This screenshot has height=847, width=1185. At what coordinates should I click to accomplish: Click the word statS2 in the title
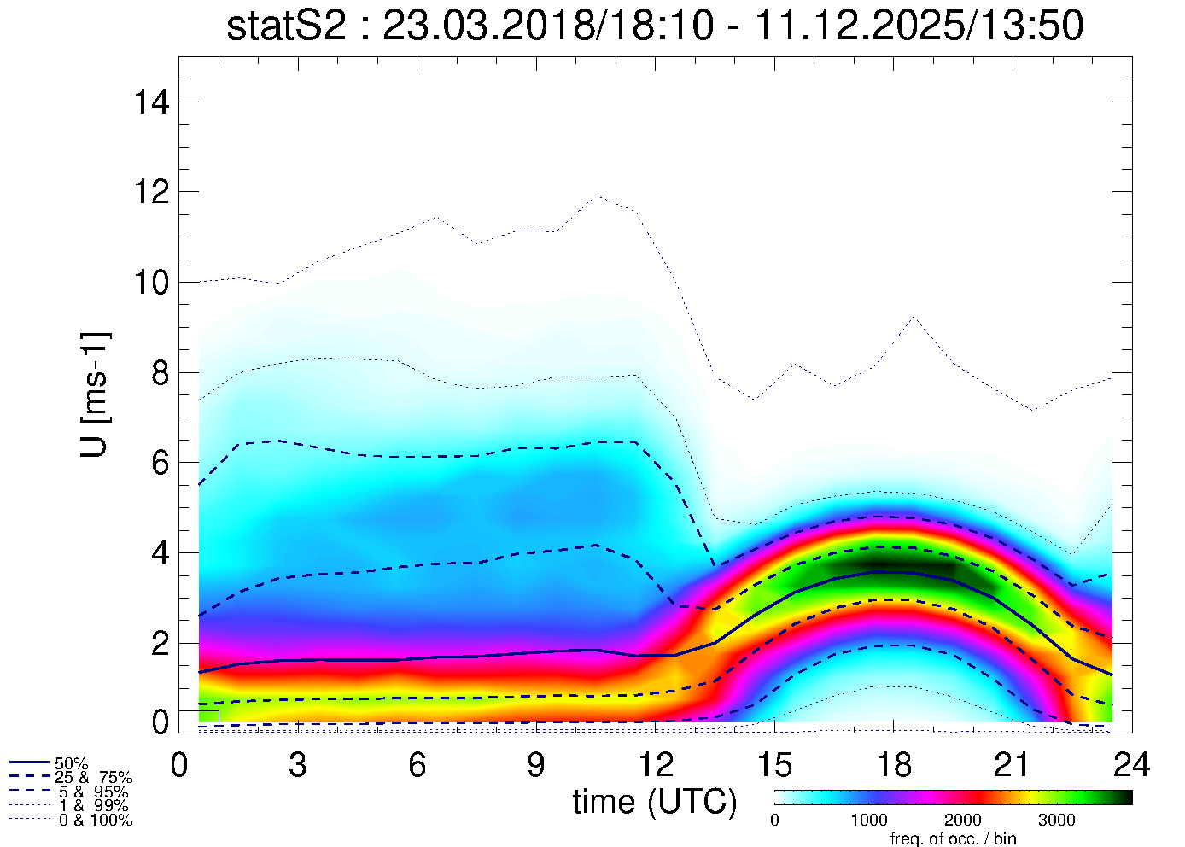(286, 26)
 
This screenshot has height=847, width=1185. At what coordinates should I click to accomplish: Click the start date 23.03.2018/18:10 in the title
(547, 26)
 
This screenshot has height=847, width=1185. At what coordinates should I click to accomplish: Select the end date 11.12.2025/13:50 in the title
(919, 26)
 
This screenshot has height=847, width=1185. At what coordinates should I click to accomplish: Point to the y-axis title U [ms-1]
(95, 394)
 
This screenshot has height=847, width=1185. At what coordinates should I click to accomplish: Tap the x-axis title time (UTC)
(655, 802)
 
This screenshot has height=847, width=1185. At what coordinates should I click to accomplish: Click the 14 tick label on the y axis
(151, 102)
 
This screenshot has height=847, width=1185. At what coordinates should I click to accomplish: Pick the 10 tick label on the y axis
(151, 282)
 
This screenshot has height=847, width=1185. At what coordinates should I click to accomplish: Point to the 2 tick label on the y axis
(160, 643)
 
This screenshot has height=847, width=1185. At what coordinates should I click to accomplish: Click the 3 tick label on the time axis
(297, 765)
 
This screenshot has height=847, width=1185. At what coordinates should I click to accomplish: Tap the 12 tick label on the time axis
(655, 765)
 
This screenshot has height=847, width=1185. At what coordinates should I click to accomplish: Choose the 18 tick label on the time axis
(893, 765)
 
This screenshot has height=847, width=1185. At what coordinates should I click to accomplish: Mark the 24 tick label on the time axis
(1131, 765)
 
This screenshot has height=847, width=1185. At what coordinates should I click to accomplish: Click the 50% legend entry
(71, 763)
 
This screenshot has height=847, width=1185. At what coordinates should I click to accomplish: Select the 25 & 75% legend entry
(93, 778)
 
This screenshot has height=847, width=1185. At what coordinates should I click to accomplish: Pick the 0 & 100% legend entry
(95, 821)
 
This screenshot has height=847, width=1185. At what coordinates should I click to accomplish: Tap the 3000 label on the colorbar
(1056, 821)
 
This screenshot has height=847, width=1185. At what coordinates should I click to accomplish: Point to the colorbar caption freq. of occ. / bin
(953, 838)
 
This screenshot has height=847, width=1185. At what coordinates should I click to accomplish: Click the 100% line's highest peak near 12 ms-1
(596, 196)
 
